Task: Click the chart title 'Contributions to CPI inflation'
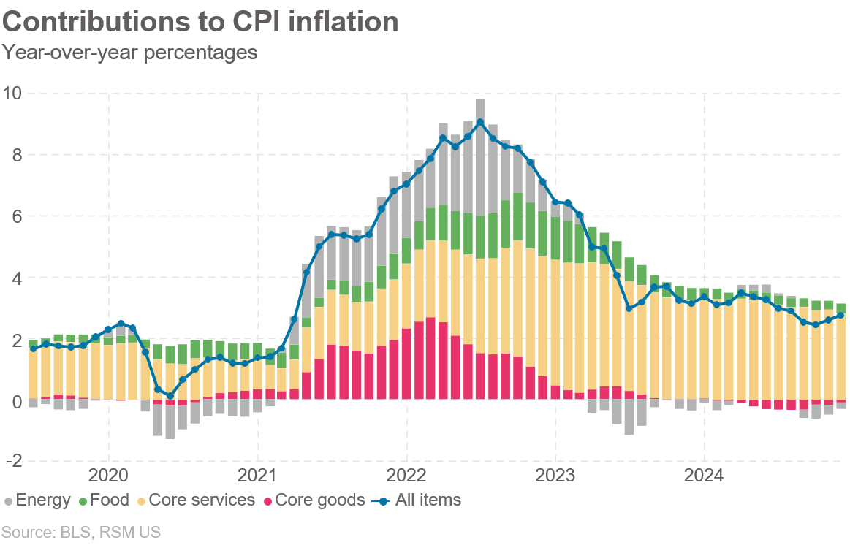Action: [200, 21]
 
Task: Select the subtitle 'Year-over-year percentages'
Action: [130, 53]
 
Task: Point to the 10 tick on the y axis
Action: [13, 94]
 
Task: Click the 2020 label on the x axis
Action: [108, 476]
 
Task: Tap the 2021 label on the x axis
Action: [257, 476]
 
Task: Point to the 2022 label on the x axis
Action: [406, 476]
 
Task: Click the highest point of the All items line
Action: [480, 122]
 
